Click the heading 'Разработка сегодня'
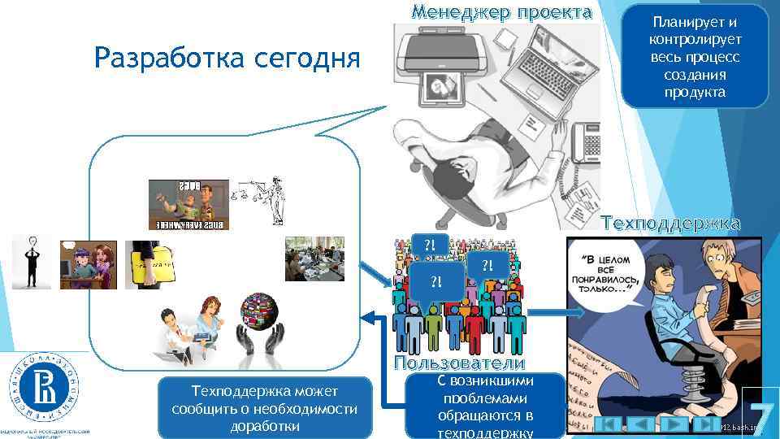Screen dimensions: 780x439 227,58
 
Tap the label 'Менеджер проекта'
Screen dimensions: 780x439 501,12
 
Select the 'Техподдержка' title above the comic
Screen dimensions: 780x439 669,224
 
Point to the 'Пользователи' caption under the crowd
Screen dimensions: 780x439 460,363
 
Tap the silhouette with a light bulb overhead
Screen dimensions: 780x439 31,263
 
